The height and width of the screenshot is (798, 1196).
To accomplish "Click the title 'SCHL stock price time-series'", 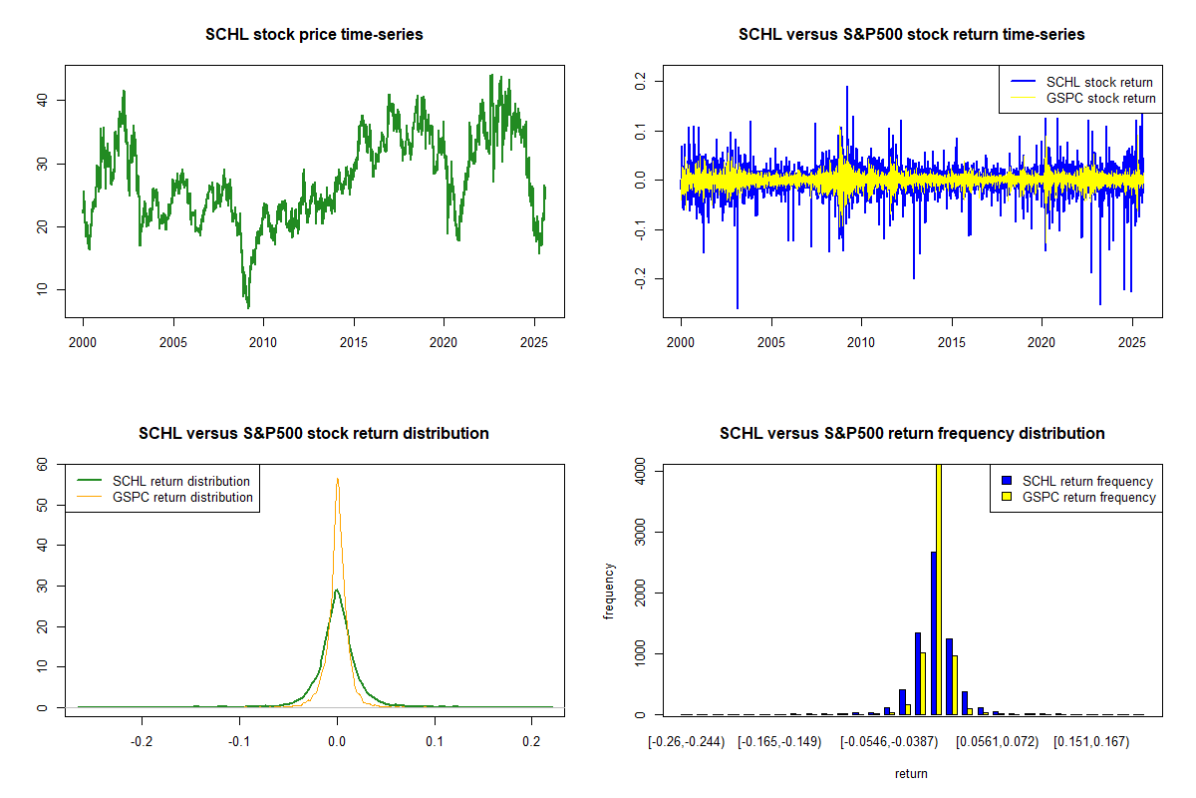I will pyautogui.click(x=314, y=35).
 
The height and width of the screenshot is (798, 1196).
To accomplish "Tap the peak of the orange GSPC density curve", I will pyautogui.click(x=337, y=480).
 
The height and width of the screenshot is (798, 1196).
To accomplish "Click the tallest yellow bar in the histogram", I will pyautogui.click(x=938, y=589).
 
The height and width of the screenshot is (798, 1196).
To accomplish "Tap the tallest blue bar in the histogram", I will pyautogui.click(x=933, y=632).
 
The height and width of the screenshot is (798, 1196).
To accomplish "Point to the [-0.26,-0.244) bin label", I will pyautogui.click(x=685, y=743).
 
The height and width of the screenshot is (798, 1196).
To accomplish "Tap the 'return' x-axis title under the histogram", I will pyautogui.click(x=911, y=773).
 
